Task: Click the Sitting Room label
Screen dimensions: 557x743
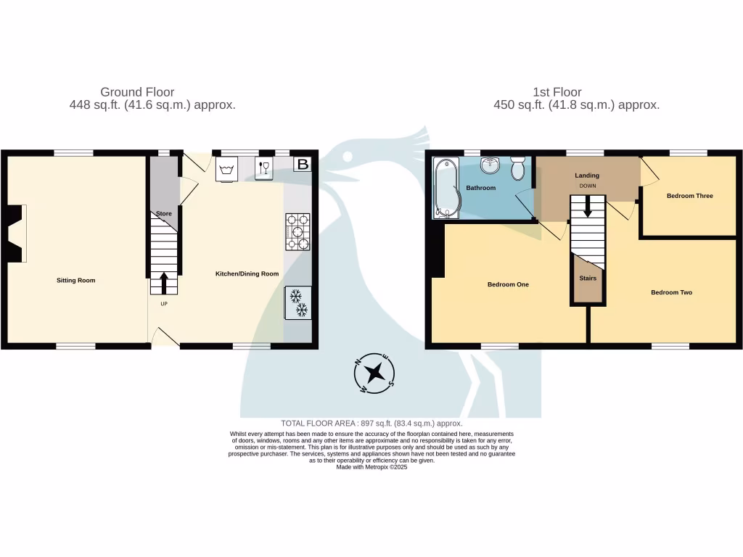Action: [x=76, y=280]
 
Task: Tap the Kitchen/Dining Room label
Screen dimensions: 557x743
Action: [x=247, y=273]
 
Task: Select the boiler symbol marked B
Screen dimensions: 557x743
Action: [x=303, y=165]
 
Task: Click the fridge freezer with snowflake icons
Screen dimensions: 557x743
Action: [x=298, y=302]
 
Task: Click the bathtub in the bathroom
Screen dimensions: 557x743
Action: [x=443, y=189]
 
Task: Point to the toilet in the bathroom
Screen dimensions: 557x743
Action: [x=518, y=169]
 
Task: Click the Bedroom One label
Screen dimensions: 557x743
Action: [x=508, y=284]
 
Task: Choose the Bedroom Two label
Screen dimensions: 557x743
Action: [x=671, y=292]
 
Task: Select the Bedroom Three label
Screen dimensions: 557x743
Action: [x=689, y=196]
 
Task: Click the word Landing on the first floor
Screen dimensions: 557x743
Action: [x=587, y=176]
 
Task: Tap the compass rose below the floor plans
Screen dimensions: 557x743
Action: [x=374, y=374]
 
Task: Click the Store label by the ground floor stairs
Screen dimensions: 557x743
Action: [x=164, y=213]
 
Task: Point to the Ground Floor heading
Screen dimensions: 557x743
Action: [x=137, y=92]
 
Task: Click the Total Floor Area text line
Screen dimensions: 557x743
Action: [x=371, y=423]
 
